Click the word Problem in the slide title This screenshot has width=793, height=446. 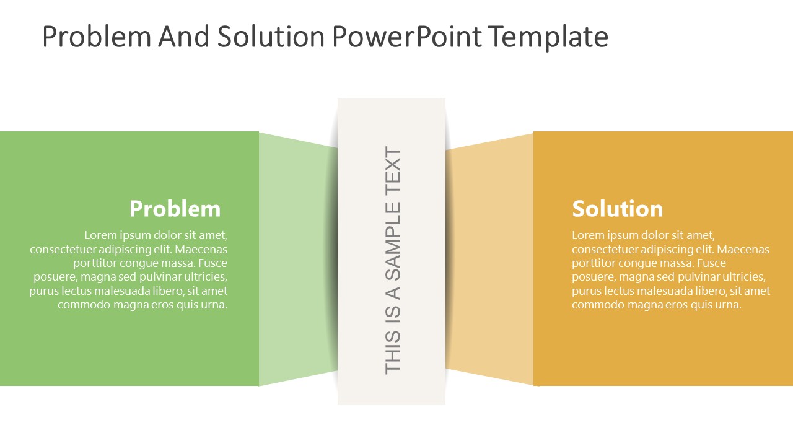[97, 37]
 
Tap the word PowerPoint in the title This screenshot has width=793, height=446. [407, 37]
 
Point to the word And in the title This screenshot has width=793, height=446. [184, 37]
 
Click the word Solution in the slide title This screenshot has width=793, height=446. [271, 37]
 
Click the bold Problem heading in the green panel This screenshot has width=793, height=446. [175, 209]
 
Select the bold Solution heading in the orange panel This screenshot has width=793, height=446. [618, 209]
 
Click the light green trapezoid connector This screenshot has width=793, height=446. [298, 259]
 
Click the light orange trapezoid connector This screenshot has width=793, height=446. [489, 259]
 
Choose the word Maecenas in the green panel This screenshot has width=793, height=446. [201, 250]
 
